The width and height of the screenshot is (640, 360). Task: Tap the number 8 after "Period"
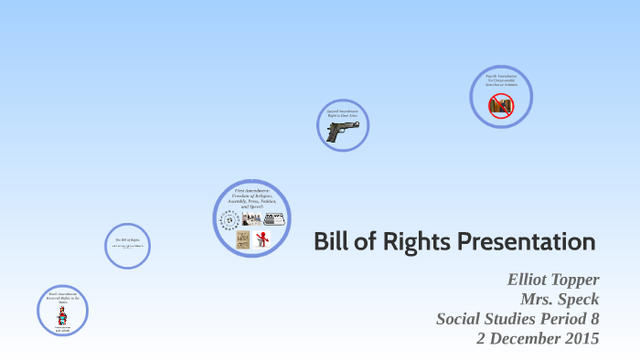tap(594, 319)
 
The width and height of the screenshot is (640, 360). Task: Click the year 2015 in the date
tap(578, 338)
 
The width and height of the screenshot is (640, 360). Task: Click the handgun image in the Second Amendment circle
tap(343, 131)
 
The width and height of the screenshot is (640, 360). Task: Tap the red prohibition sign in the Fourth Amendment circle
tap(500, 106)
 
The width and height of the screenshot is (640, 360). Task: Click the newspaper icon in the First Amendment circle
tap(274, 218)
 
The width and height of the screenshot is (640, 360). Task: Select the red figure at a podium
tap(261, 239)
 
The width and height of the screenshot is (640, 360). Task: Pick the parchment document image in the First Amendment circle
tap(242, 239)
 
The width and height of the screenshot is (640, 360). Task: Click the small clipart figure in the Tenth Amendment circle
tap(62, 316)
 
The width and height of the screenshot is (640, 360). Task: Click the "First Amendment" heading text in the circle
tap(251, 189)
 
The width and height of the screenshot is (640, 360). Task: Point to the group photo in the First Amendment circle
tap(251, 218)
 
